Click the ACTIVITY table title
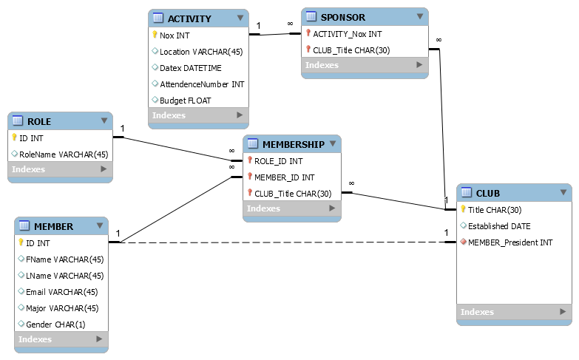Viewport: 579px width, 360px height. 189,18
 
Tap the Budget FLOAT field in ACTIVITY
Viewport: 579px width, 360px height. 185,100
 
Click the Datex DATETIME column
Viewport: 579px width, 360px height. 191,67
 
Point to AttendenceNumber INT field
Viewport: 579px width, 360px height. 201,84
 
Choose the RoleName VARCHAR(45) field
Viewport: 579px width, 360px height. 63,154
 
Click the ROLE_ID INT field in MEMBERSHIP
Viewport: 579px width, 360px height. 278,160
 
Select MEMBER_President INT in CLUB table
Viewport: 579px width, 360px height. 510,242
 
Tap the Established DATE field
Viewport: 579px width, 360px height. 499,226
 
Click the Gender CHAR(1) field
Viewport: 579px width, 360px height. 55,324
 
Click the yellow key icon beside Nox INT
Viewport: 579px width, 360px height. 155,35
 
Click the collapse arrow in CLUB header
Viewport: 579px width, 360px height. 564,193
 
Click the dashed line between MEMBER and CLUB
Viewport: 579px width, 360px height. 281,242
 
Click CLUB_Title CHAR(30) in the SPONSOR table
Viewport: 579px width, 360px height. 351,50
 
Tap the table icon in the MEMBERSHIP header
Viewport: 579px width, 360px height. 252,144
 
